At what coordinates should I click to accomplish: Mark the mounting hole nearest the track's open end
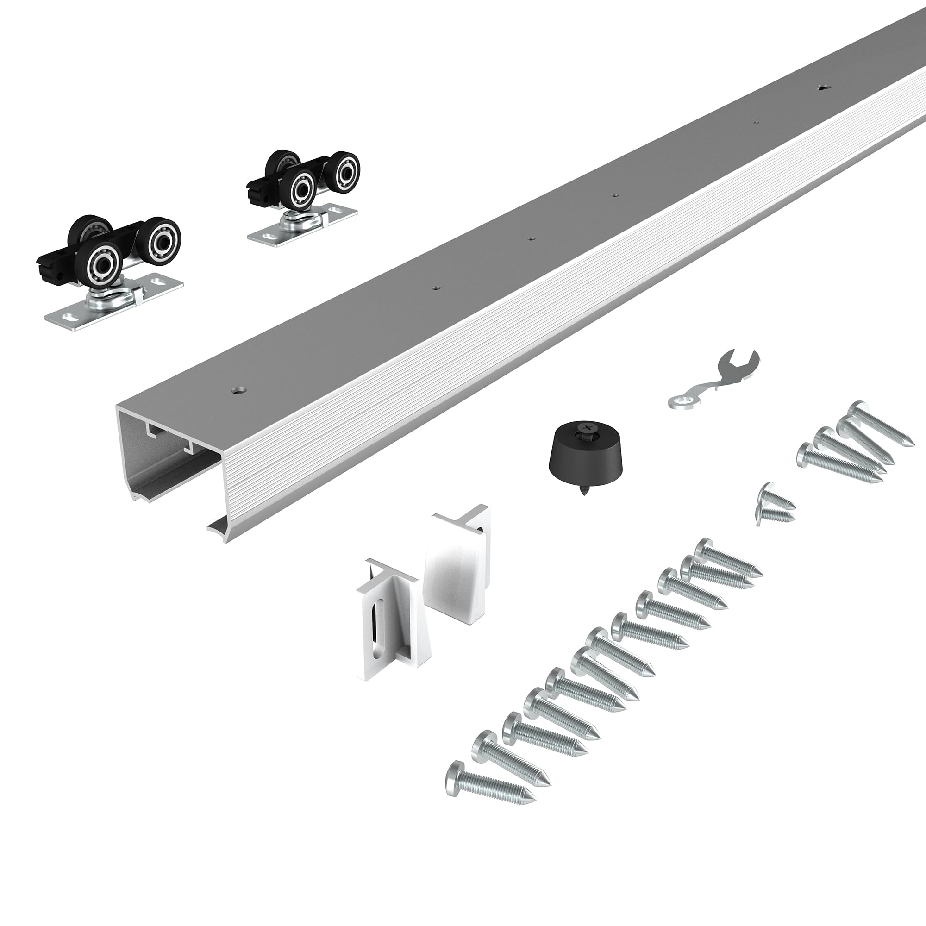coord(238,390)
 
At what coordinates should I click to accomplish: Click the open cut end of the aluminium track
coord(168,455)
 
